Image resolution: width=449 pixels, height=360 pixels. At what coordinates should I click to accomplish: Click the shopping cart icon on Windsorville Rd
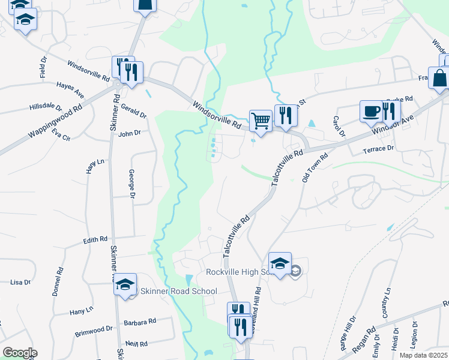click(261, 121)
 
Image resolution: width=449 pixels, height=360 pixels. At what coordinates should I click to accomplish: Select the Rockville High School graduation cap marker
click(280, 263)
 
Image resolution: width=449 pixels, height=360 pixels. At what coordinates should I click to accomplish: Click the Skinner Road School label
click(178, 292)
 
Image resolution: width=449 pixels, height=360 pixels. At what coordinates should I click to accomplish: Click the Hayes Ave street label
click(70, 91)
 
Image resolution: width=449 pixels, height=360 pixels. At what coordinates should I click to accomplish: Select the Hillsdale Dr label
click(46, 107)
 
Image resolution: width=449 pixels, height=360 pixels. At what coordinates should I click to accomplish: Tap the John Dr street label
click(129, 133)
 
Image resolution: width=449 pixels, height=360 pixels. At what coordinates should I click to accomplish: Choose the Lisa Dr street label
click(20, 282)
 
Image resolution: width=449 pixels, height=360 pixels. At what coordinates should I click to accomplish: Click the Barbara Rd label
click(140, 322)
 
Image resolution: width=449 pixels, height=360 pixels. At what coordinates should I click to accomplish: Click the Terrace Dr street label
click(378, 148)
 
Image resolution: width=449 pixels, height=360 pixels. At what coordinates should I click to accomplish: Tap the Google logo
click(19, 353)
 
